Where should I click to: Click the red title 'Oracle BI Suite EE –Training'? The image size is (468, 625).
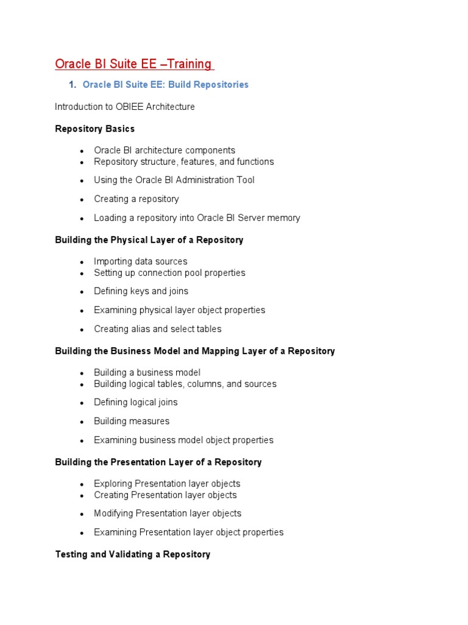133,64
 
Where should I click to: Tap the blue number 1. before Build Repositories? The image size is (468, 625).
72,85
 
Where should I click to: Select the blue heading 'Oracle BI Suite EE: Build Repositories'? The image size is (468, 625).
165,85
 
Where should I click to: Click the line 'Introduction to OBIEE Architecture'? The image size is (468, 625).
125,107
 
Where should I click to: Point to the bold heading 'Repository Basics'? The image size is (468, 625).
94,129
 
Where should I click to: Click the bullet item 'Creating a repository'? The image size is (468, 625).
136,199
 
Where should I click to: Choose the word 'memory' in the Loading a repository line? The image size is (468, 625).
284,218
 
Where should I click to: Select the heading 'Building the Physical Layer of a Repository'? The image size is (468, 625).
149,240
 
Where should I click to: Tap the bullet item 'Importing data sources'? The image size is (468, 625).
141,262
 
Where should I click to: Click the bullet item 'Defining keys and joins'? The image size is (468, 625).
141,291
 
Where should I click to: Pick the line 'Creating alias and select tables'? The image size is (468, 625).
157,329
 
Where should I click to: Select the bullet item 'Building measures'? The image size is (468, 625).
132,421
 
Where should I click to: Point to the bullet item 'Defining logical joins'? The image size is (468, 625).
136,402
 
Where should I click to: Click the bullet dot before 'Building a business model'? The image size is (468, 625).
81,373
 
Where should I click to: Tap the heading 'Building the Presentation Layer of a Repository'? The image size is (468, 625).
158,462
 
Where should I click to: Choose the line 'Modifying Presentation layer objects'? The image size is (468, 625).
168,513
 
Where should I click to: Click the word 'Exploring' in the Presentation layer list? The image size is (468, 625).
113,484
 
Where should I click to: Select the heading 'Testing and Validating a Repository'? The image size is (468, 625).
133,554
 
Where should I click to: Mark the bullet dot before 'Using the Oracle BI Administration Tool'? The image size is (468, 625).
81,181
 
